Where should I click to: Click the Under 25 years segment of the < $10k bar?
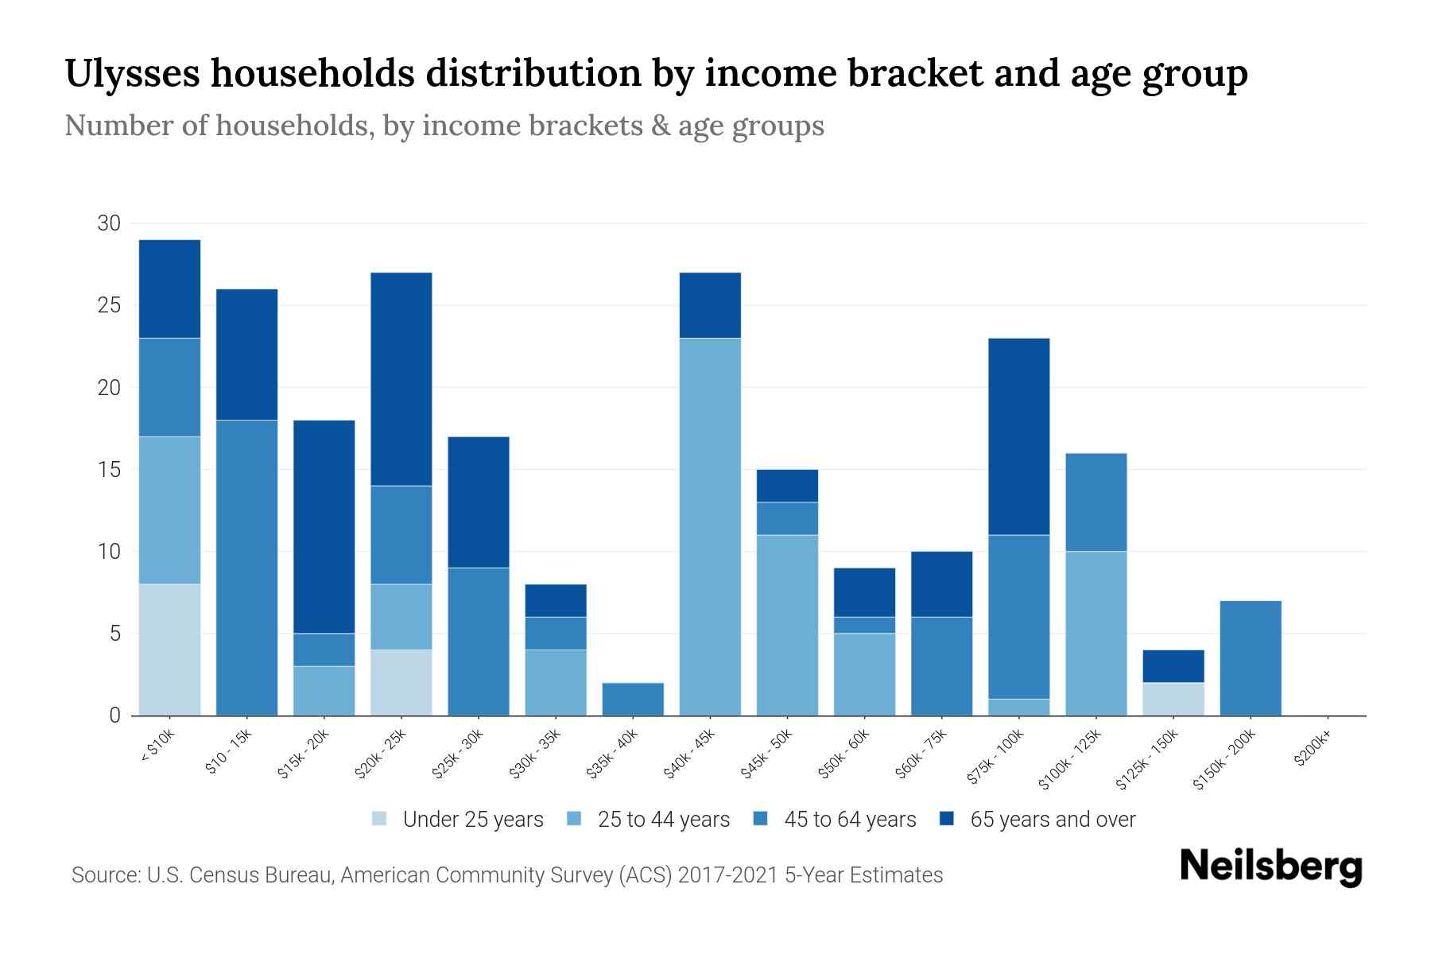[169, 650]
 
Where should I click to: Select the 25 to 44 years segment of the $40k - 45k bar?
[710, 526]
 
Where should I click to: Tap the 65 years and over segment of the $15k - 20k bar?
[324, 526]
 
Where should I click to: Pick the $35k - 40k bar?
[633, 699]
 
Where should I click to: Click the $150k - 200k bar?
[1250, 657]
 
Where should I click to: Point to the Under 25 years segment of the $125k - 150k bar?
[1173, 699]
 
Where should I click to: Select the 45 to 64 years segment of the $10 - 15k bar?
[246, 567]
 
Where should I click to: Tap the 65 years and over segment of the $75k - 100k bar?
[1018, 436]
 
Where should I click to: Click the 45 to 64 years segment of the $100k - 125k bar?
[1096, 502]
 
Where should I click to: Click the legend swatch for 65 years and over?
[947, 819]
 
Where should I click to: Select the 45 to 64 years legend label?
[850, 820]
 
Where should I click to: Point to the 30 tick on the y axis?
[109, 223]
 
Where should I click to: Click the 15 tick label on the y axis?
[109, 470]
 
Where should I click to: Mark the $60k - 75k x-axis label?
[921, 754]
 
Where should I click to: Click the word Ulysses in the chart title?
[130, 73]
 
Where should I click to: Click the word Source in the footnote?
[103, 875]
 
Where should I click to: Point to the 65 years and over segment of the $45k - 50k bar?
[787, 486]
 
